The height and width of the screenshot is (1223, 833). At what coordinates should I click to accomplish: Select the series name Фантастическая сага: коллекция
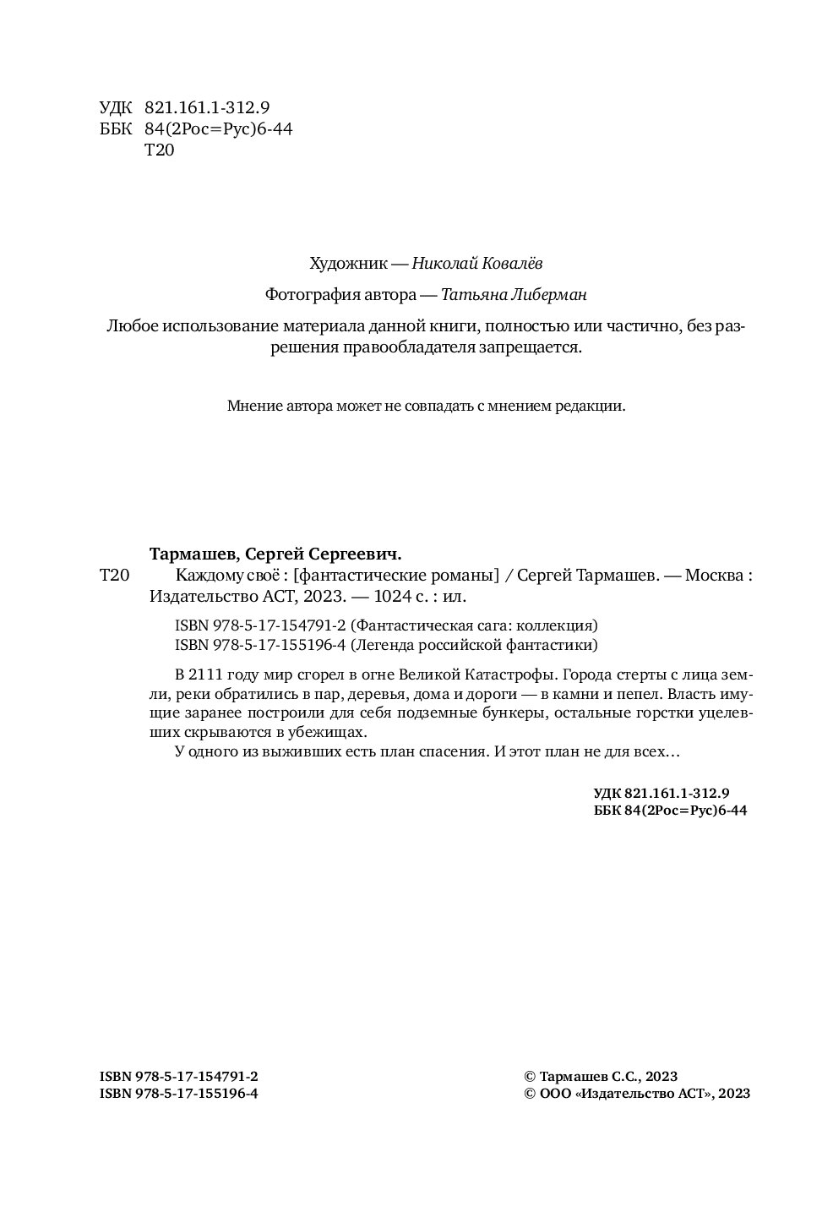click(473, 625)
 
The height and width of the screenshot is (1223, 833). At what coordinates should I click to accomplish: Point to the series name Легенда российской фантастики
click(473, 645)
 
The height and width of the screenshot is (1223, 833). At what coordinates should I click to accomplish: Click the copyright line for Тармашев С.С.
click(601, 1076)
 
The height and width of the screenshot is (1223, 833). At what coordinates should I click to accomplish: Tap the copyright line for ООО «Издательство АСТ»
click(637, 1094)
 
